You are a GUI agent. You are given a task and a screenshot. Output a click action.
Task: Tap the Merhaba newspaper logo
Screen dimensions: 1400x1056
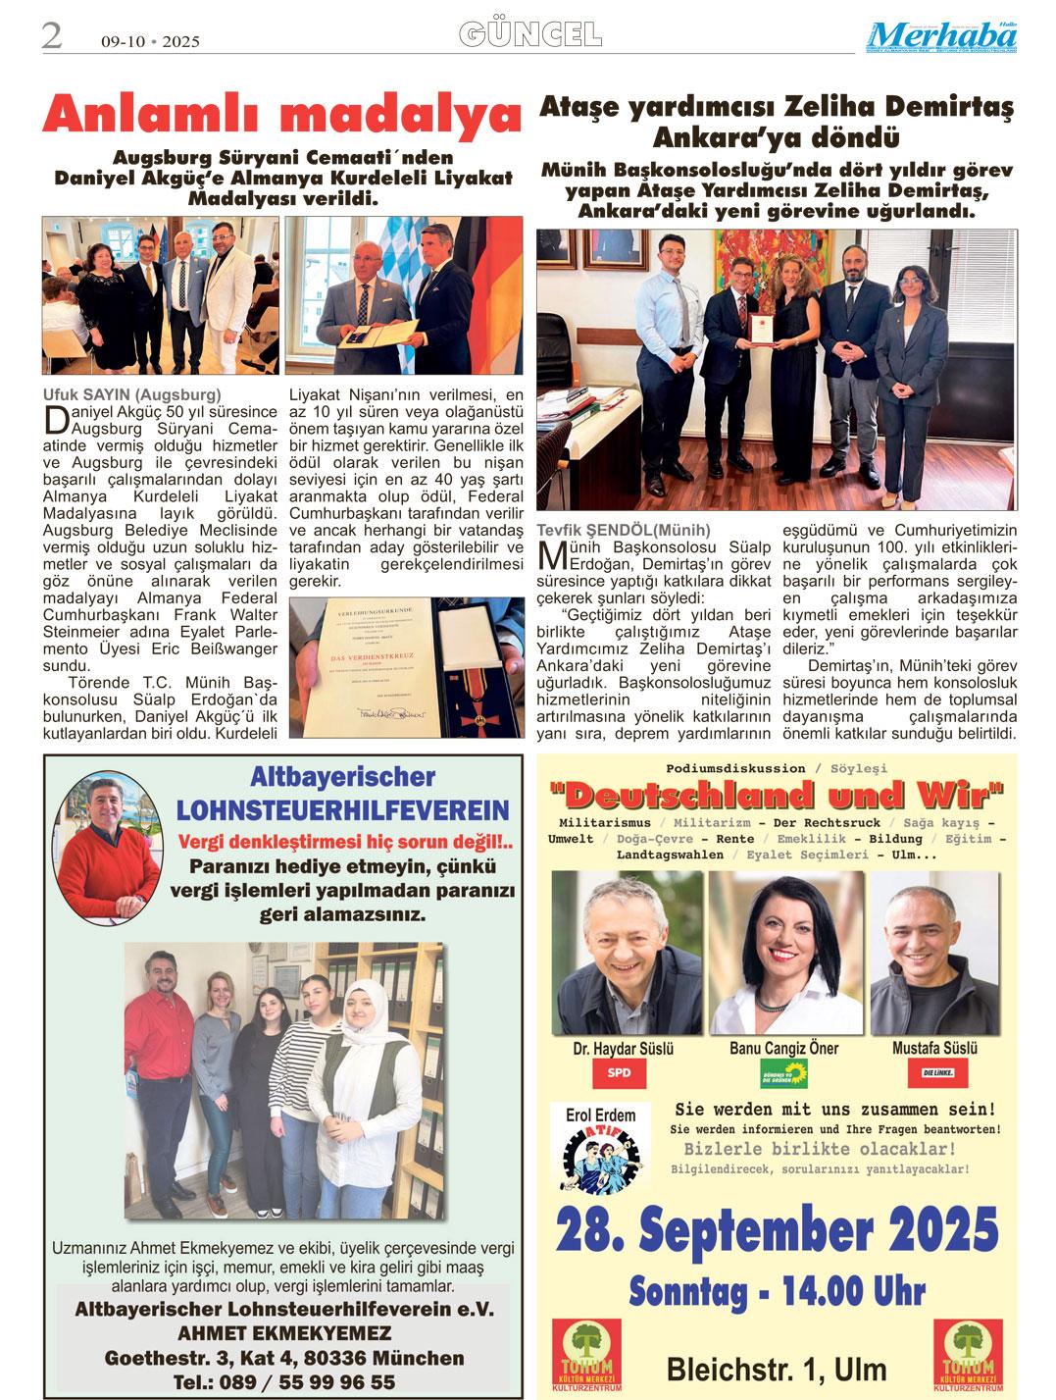pyautogui.click(x=941, y=36)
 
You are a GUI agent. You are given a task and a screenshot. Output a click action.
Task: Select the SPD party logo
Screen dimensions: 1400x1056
pyautogui.click(x=620, y=1073)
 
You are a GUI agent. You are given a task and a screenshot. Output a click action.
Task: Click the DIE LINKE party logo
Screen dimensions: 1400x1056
pyautogui.click(x=936, y=1074)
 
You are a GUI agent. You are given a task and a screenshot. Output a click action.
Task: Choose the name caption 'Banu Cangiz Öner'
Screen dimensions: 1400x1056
pyautogui.click(x=783, y=1049)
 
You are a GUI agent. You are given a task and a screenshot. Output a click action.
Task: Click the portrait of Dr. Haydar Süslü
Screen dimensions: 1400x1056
pyautogui.click(x=624, y=953)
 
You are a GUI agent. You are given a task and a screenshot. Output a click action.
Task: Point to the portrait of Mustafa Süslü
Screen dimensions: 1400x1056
pyautogui.click(x=935, y=953)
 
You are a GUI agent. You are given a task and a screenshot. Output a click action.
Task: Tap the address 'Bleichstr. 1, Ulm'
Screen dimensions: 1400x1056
pyautogui.click(x=777, y=1369)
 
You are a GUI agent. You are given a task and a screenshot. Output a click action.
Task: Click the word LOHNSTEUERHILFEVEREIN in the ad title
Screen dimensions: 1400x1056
pyautogui.click(x=342, y=810)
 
